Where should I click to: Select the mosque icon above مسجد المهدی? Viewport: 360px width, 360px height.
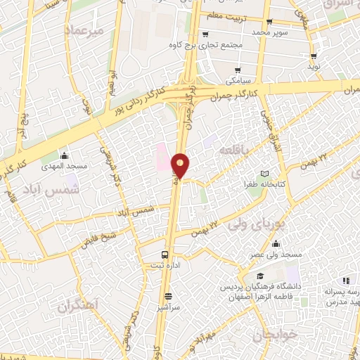pyautogui.click(x=65, y=155)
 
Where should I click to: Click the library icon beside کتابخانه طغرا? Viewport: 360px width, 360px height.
pyautogui.click(x=264, y=174)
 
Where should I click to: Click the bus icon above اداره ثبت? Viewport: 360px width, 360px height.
pyautogui.click(x=165, y=254)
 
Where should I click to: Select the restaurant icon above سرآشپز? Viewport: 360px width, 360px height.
pyautogui.click(x=168, y=296)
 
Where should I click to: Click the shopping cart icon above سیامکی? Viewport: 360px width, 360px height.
pyautogui.click(x=239, y=70)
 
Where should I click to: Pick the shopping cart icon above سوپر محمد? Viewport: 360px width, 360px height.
pyautogui.click(x=259, y=21)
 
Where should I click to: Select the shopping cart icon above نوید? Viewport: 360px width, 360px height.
pyautogui.click(x=314, y=56)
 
